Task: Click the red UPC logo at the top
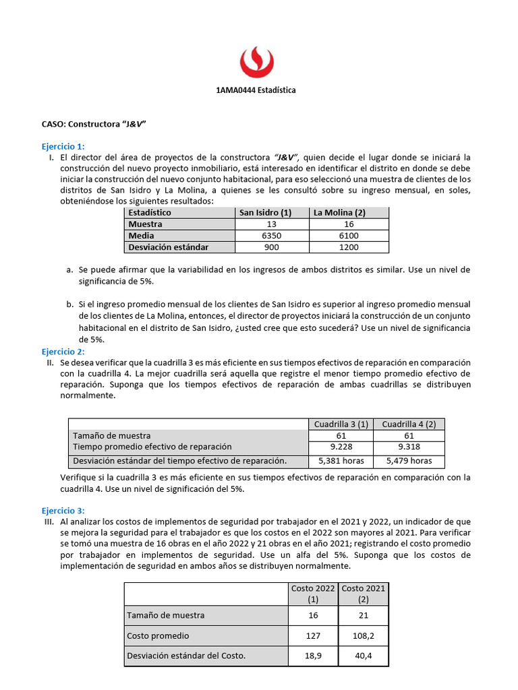coord(256,61)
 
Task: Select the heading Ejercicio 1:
coord(63,146)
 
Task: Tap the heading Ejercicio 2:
coord(63,352)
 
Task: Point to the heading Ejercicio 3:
coord(63,511)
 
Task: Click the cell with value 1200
coord(349,247)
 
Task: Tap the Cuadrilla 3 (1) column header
coord(341,424)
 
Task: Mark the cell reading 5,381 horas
coord(341,461)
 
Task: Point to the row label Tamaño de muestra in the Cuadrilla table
coord(112,436)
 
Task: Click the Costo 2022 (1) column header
coord(313,594)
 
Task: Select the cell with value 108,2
coord(364,635)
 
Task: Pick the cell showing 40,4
coord(364,656)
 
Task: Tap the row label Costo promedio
coord(158,635)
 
